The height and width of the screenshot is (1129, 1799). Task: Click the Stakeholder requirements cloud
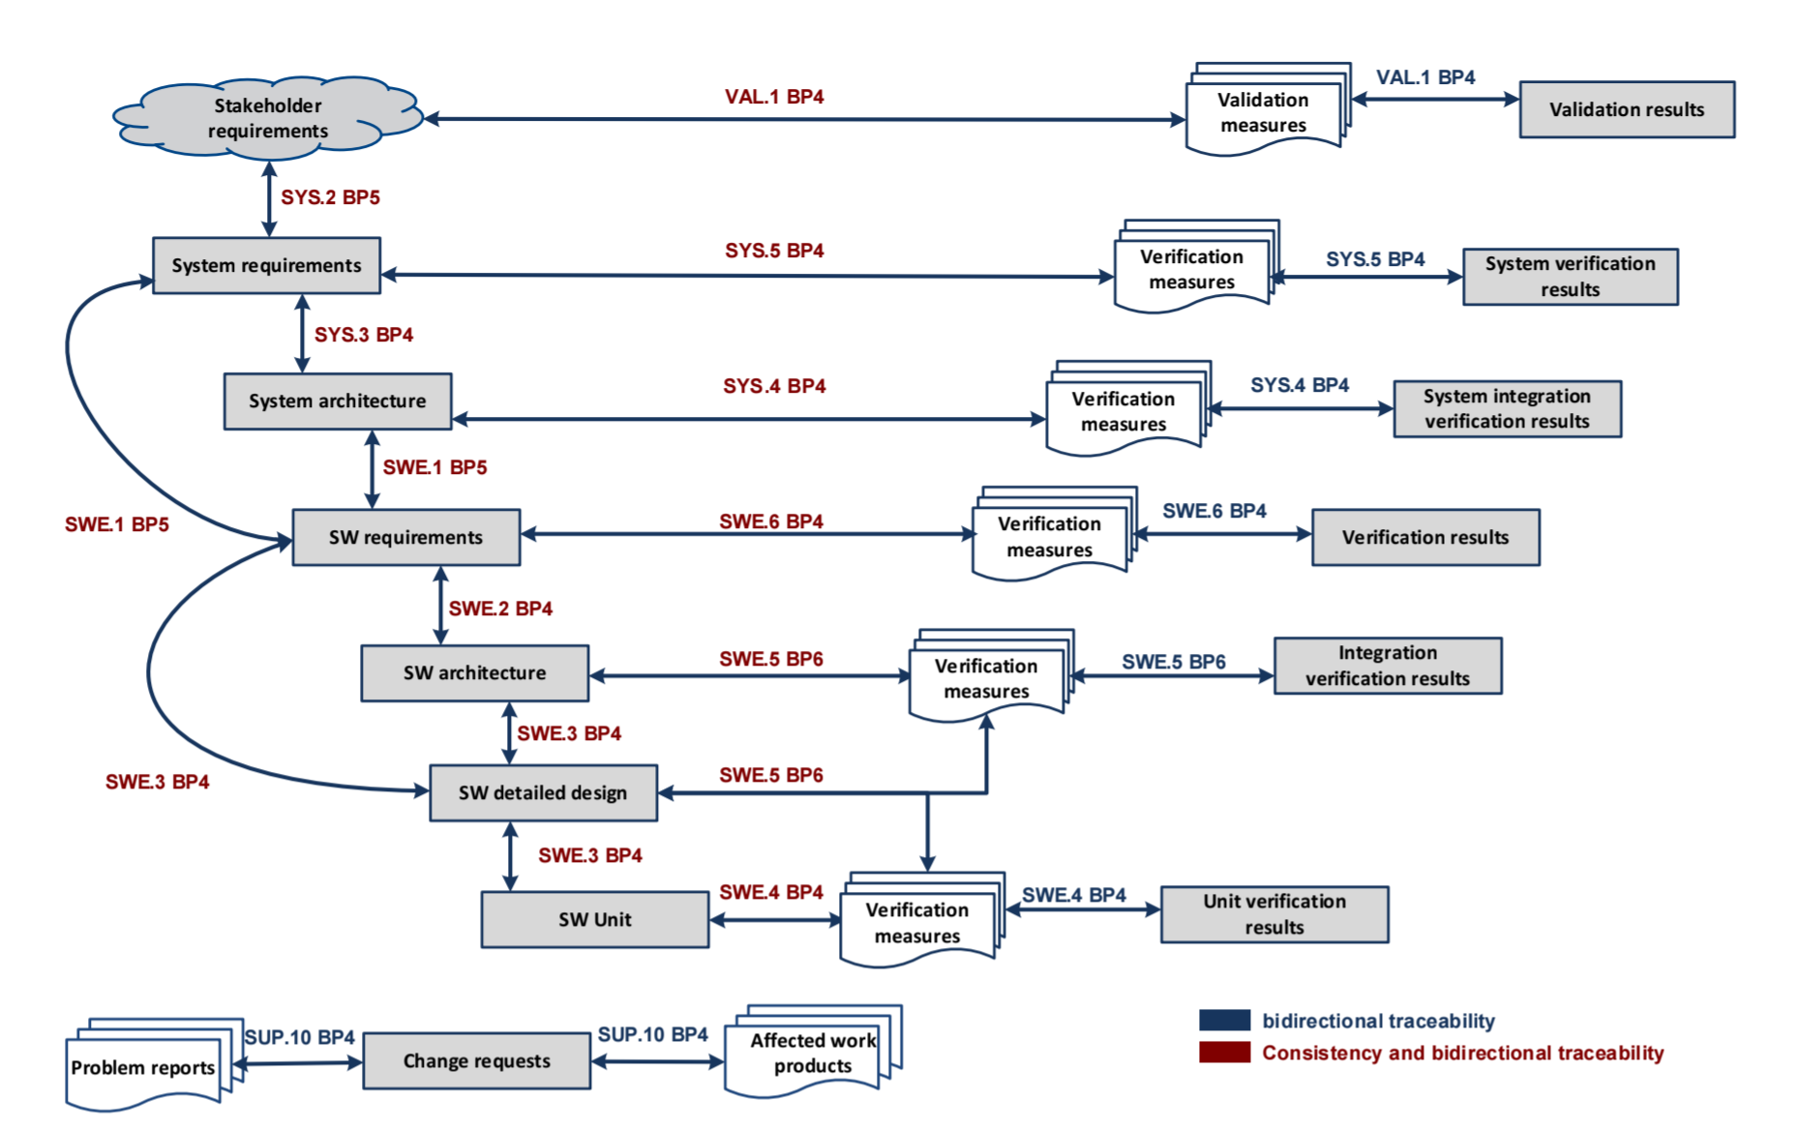tap(268, 117)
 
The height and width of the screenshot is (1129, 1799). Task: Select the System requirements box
tap(266, 265)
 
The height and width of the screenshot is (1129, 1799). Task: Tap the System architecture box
tap(337, 401)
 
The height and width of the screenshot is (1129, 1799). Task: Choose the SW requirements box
tap(405, 537)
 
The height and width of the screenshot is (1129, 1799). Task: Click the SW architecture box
tap(474, 672)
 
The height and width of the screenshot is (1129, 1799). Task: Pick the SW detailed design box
tap(543, 792)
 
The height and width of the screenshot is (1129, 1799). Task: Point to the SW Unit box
tap(594, 919)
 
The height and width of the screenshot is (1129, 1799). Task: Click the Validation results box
tap(1626, 109)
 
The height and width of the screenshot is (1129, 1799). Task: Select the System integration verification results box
tap(1507, 408)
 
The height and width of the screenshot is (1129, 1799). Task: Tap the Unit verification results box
tap(1274, 914)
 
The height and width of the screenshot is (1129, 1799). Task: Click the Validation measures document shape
tap(1263, 113)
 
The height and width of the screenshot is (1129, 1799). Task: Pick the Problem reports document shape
tap(143, 1068)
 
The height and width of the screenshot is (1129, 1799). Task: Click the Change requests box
tap(476, 1060)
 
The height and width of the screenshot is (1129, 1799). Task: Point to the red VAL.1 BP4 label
tap(774, 97)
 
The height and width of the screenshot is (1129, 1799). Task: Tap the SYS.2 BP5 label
tap(330, 197)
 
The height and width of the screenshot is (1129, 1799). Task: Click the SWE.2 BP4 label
tap(500, 609)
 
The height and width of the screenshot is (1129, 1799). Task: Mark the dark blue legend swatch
tap(1224, 1021)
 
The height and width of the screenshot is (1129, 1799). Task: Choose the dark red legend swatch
tap(1224, 1053)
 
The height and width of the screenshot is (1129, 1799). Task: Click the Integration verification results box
tap(1387, 666)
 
